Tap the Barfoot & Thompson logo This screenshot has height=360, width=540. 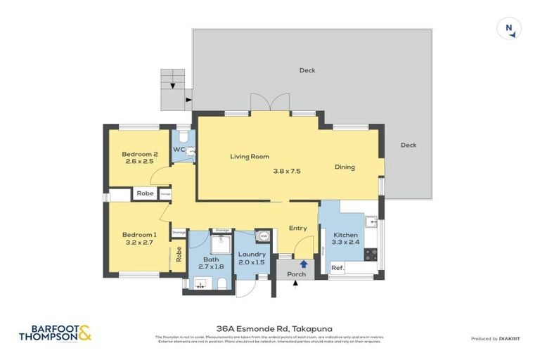[56, 333]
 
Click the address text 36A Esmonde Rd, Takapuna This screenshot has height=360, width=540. [270, 327]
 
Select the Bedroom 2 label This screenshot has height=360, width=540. [139, 154]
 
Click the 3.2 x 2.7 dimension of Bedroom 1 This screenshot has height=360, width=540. [139, 243]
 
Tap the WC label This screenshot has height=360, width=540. [179, 150]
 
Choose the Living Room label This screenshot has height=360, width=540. [250, 157]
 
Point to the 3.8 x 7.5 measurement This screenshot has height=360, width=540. [287, 170]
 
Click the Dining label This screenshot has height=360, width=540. [345, 167]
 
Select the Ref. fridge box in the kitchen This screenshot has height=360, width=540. [337, 267]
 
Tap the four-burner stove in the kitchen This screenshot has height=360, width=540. [371, 254]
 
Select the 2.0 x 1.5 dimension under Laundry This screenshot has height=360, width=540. [252, 262]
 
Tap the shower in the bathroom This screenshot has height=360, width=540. [201, 243]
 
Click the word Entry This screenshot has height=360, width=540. [298, 228]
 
